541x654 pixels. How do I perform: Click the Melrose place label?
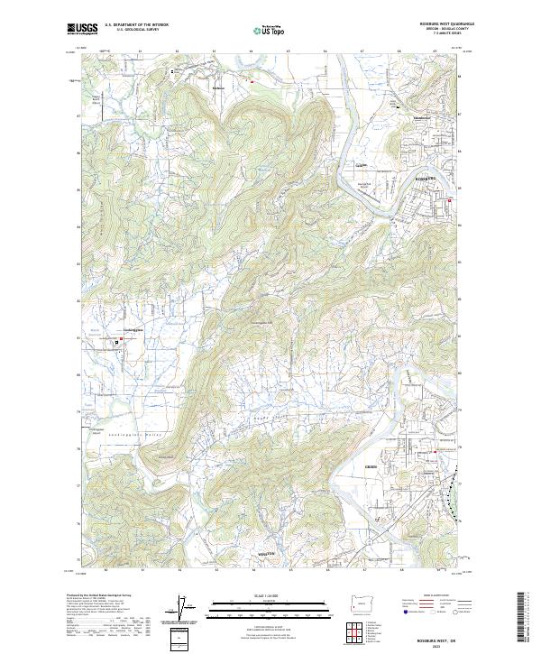click(x=217, y=88)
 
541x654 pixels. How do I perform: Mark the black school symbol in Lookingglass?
click(x=116, y=344)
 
